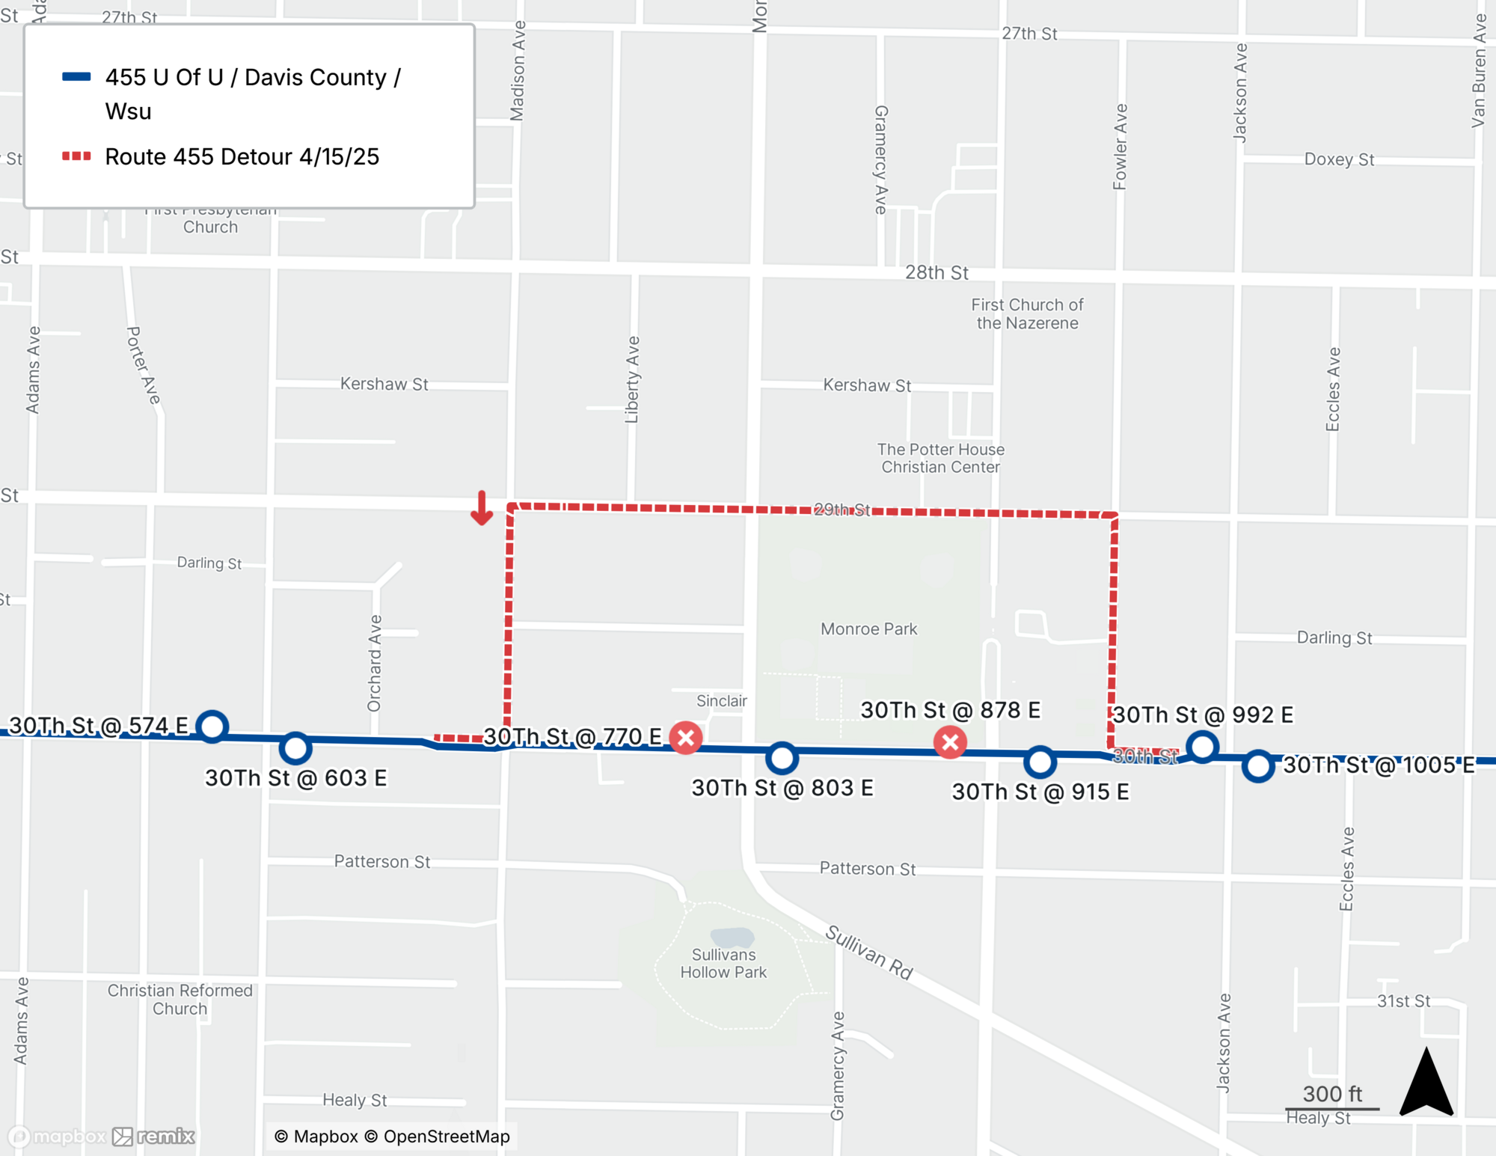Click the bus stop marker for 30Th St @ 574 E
[212, 726]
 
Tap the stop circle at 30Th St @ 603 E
[295, 747]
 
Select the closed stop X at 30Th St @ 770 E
[685, 738]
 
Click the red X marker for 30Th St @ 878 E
[950, 742]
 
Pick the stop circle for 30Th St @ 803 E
[782, 758]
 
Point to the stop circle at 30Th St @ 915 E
[1040, 762]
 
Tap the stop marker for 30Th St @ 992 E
[1202, 746]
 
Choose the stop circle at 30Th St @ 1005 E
[1258, 766]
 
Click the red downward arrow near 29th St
[482, 509]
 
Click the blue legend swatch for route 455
[76, 76]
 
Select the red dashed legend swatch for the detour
[76, 156]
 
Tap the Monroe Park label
[868, 629]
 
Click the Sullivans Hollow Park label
[723, 964]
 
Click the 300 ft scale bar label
[1332, 1094]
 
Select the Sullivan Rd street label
[869, 952]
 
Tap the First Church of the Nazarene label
[1027, 314]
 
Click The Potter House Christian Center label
[940, 458]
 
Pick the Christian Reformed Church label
[180, 1000]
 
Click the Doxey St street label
[1339, 159]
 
